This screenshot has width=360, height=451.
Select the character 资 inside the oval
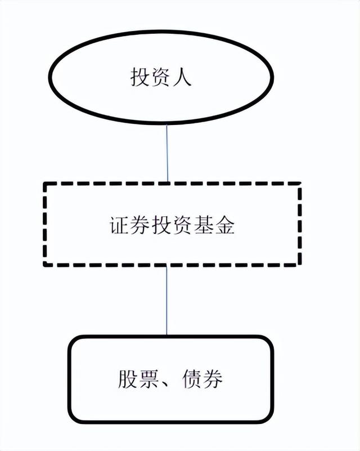[x=161, y=77]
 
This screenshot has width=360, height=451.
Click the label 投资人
[x=161, y=77]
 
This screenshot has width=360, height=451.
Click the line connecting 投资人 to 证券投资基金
[x=168, y=152]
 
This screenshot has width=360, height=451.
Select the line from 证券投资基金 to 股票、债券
[x=166, y=301]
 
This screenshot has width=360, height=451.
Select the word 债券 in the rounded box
[x=202, y=379]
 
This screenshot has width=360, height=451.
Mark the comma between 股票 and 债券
[x=167, y=385]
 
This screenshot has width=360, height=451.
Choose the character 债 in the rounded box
[x=192, y=379]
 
